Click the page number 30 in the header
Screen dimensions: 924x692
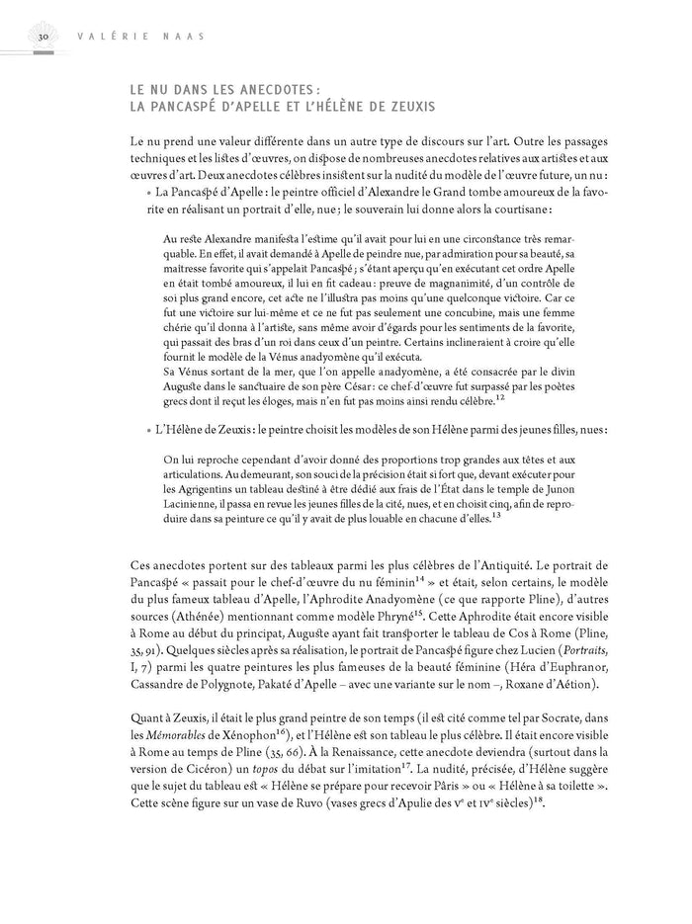(x=43, y=38)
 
